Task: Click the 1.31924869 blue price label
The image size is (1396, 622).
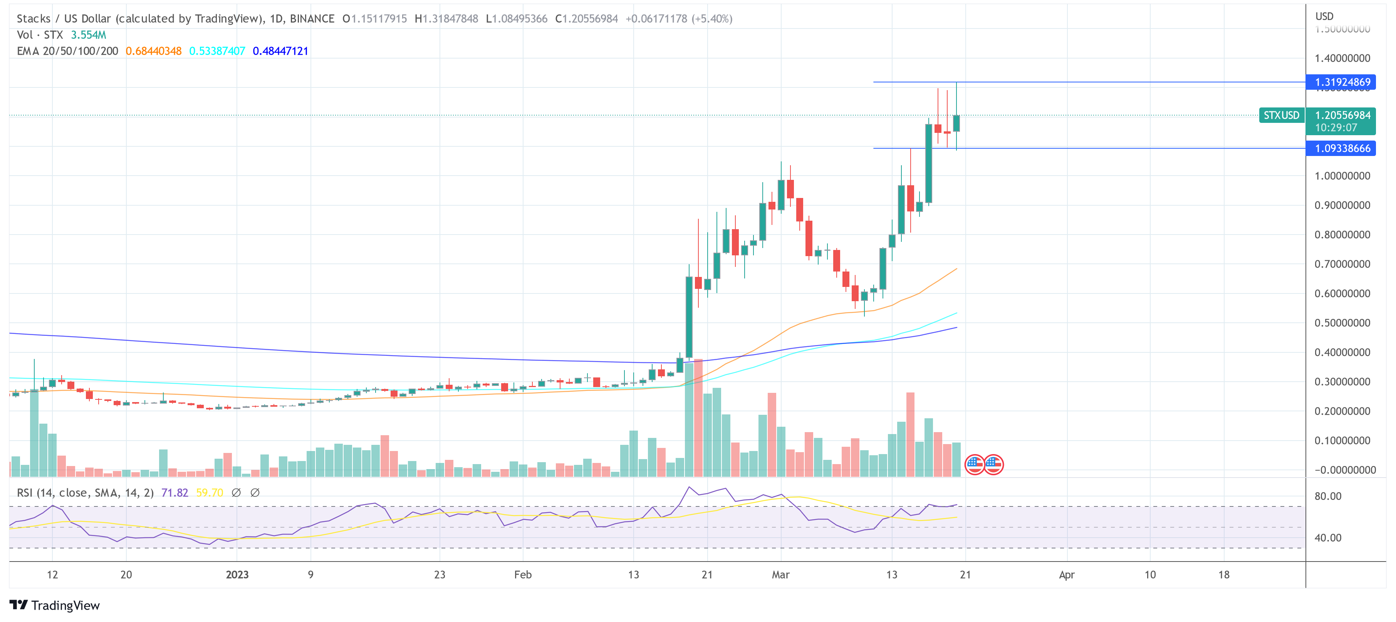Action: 1341,82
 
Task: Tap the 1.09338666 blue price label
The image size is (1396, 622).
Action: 1341,148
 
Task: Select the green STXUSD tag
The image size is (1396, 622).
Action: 1281,116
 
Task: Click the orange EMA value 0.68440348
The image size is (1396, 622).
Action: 153,51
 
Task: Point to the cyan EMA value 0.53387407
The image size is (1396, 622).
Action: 217,51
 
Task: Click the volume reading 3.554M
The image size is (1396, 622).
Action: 88,35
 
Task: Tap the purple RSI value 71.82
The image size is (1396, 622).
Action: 174,493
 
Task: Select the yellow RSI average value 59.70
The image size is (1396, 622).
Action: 209,493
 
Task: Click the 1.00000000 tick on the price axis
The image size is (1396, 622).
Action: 1342,176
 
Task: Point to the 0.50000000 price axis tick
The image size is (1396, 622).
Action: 1342,323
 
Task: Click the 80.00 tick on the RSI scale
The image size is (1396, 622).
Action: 1328,496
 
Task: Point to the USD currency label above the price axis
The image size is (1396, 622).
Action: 1324,16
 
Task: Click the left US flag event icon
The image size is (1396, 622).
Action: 974,464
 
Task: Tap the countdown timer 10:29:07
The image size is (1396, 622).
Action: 1336,128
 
